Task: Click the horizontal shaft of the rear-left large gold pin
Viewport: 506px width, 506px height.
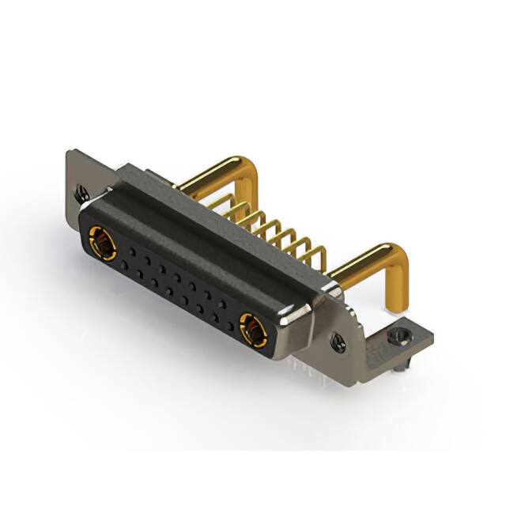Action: point(210,176)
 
